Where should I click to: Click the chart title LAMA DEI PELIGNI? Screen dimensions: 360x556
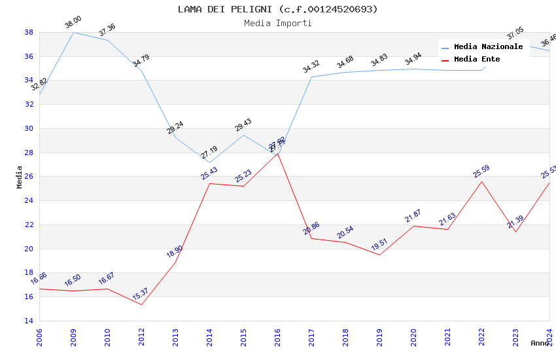click(278, 9)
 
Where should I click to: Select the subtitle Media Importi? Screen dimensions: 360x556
click(278, 23)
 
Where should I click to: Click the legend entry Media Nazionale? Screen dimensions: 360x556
click(488, 47)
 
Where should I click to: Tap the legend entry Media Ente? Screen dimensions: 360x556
click(477, 60)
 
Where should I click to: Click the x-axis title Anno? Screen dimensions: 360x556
click(540, 343)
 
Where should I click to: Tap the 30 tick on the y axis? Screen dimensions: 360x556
click(29, 128)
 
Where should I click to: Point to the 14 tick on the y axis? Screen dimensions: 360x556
click(29, 321)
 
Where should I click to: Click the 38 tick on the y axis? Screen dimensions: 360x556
click(29, 32)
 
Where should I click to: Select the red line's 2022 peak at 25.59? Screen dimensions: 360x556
click(481, 181)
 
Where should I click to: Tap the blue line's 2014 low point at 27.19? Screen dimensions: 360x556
click(209, 162)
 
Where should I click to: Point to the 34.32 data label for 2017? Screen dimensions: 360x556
click(311, 67)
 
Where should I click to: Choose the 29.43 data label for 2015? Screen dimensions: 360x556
click(243, 126)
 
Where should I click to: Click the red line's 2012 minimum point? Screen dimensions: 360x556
click(141, 304)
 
